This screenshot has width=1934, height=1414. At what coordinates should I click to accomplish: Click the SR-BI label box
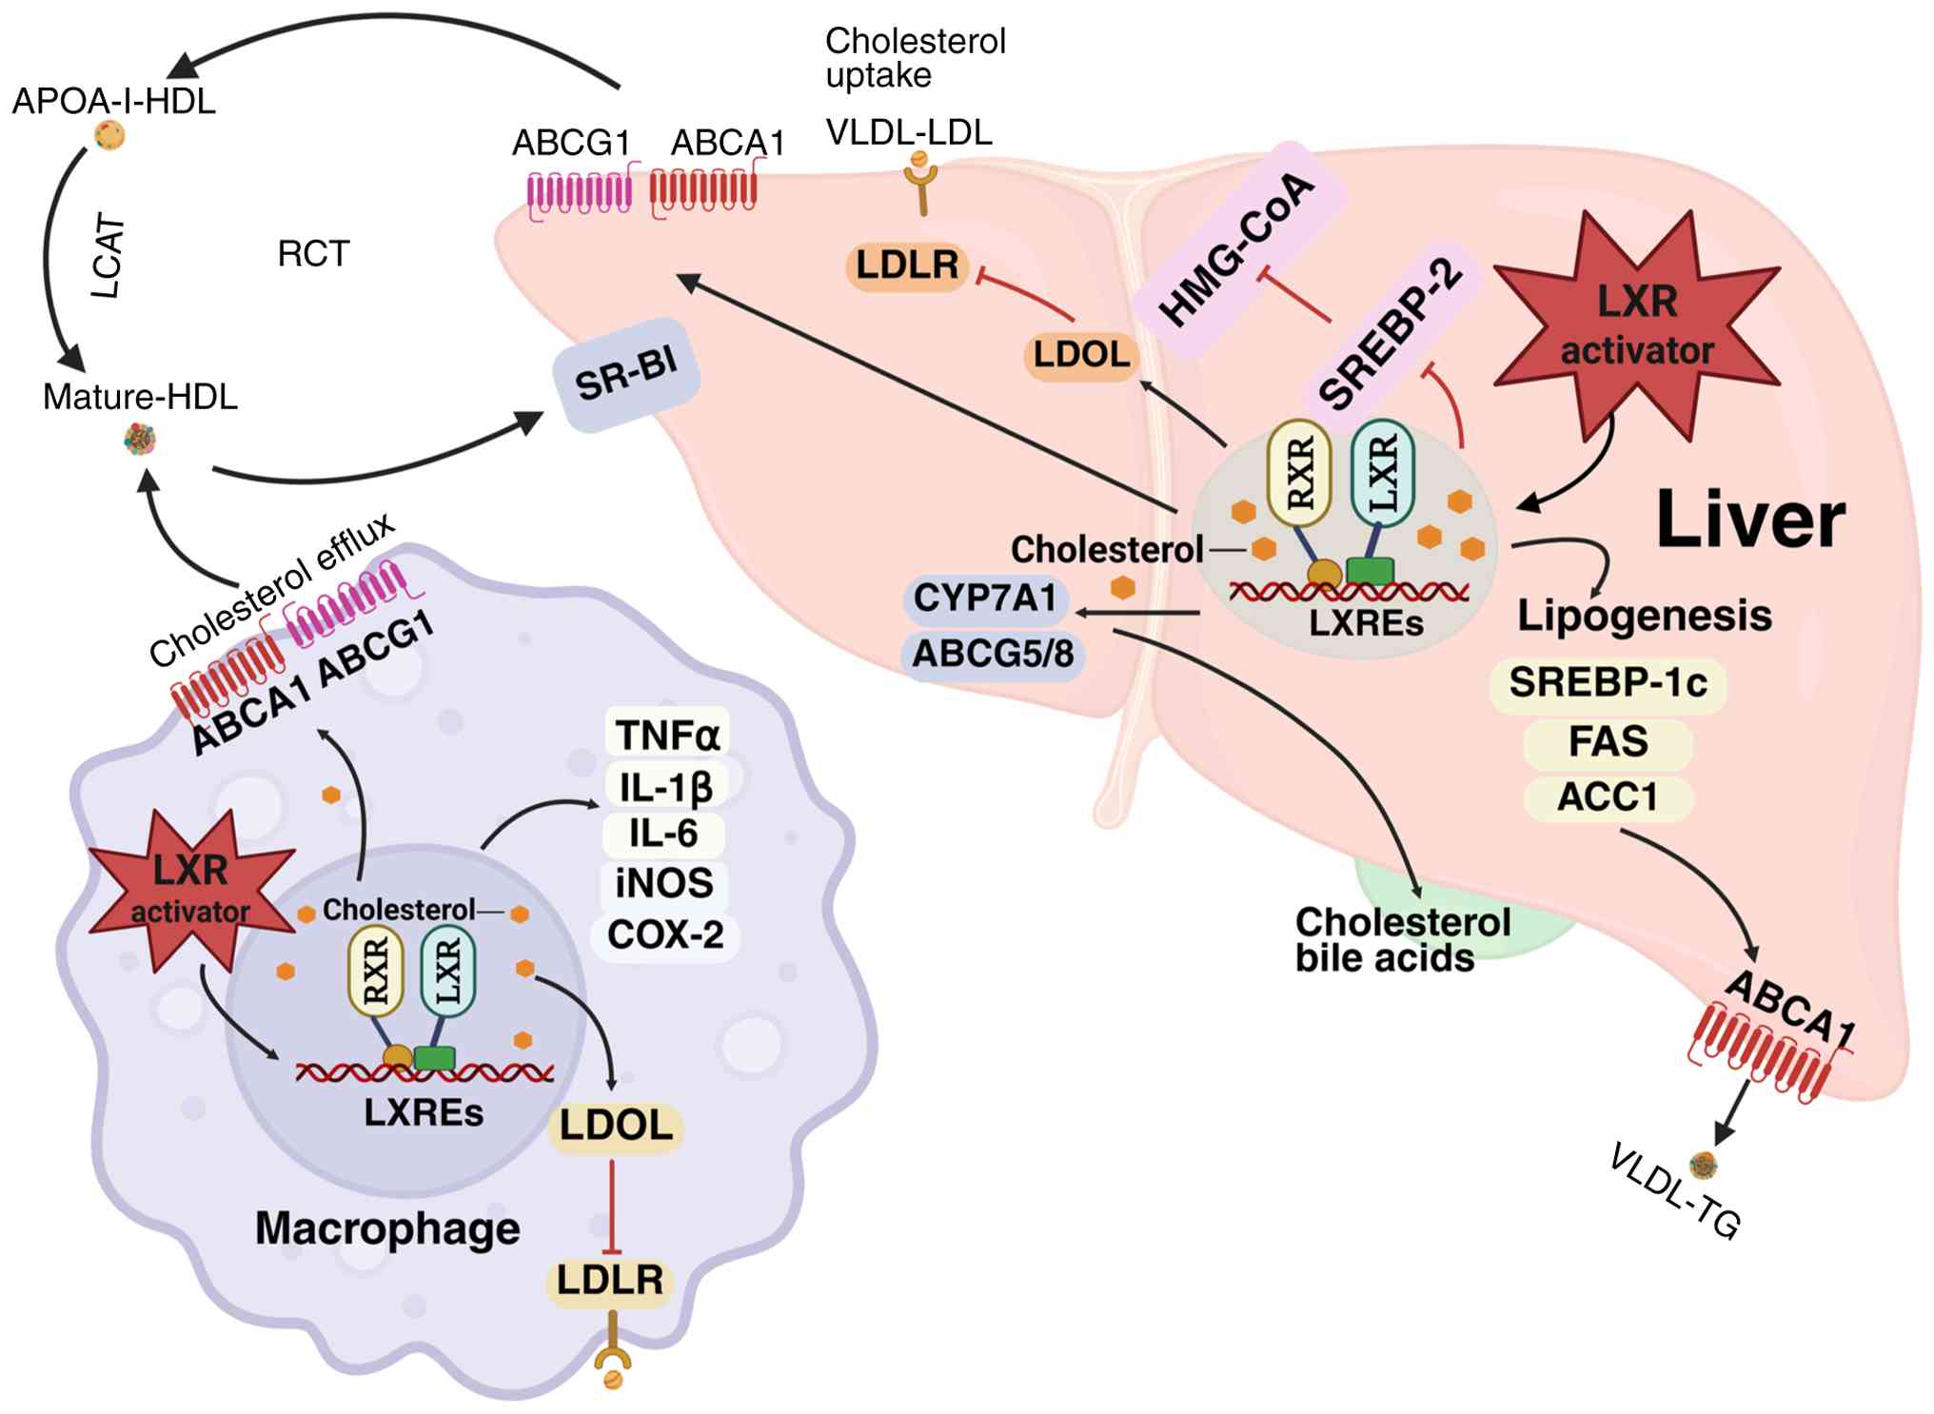click(x=626, y=374)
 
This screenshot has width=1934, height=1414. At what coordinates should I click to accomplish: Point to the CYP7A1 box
click(x=985, y=599)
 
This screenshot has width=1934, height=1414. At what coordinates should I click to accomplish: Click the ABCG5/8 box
click(x=993, y=654)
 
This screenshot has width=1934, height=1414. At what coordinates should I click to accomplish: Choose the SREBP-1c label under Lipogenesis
click(x=1608, y=682)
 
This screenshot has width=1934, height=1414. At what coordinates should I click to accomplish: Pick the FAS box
click(x=1608, y=741)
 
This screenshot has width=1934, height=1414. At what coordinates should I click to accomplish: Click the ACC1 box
click(x=1608, y=797)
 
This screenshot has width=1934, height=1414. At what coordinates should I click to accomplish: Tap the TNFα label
click(x=667, y=735)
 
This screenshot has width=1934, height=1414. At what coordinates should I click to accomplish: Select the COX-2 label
click(x=665, y=934)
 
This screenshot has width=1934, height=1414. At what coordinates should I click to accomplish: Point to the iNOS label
click(x=664, y=883)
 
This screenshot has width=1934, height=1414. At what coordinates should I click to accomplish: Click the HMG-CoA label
click(x=1237, y=249)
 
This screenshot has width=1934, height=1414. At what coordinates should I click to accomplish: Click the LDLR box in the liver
click(x=907, y=265)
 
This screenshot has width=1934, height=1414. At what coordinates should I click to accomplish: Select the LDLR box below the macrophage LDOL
click(x=610, y=1280)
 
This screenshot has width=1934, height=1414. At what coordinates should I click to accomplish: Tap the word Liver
click(x=1749, y=520)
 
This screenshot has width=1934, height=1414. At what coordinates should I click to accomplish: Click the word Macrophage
click(x=387, y=1227)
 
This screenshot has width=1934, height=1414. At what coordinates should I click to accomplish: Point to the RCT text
click(x=313, y=254)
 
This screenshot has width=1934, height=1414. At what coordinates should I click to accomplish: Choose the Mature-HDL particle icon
click(x=140, y=440)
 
